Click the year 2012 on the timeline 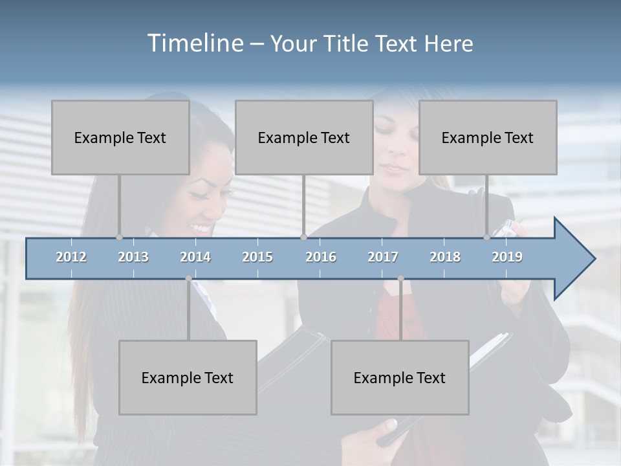tap(71, 257)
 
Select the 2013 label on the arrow tap(133, 257)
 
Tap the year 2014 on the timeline tap(195, 257)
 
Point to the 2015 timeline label tap(257, 257)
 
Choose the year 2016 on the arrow tap(321, 257)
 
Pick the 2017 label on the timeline tap(383, 257)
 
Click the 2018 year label tap(445, 257)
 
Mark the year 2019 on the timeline tap(507, 257)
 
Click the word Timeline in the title tap(195, 43)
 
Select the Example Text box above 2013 tap(120, 137)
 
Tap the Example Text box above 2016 tap(304, 137)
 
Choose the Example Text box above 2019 tap(488, 137)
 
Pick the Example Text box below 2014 tap(188, 377)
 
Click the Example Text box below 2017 tap(400, 377)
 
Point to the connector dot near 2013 tap(119, 238)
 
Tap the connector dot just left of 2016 tap(303, 238)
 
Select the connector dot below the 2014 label tap(188, 278)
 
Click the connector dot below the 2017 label tap(400, 278)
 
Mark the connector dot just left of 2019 tap(487, 238)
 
